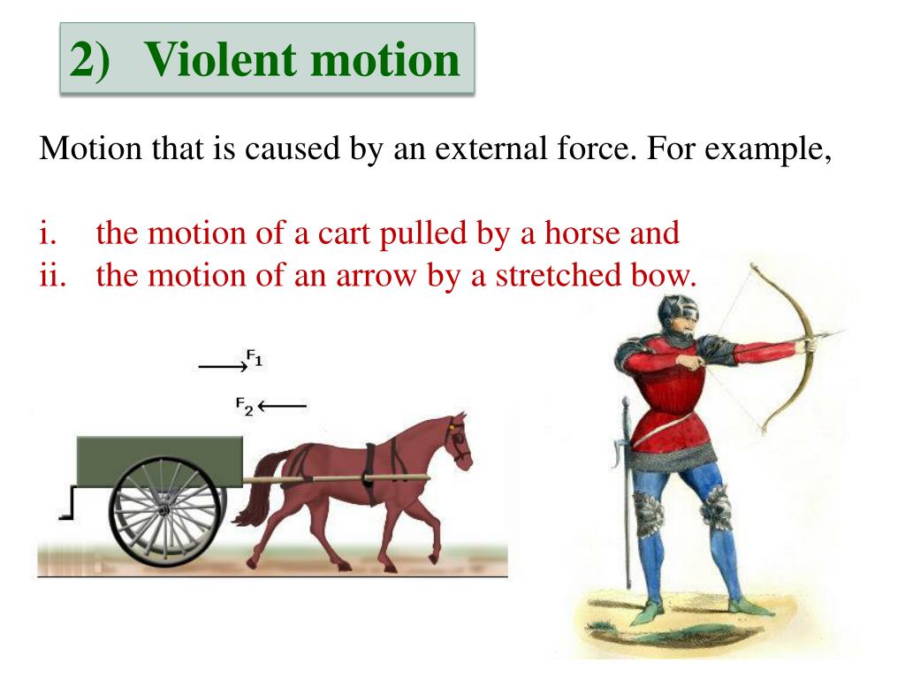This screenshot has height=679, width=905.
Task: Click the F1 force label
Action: point(255,358)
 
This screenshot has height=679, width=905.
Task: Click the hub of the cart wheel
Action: point(164,510)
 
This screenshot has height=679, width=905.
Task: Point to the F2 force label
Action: point(244,406)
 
